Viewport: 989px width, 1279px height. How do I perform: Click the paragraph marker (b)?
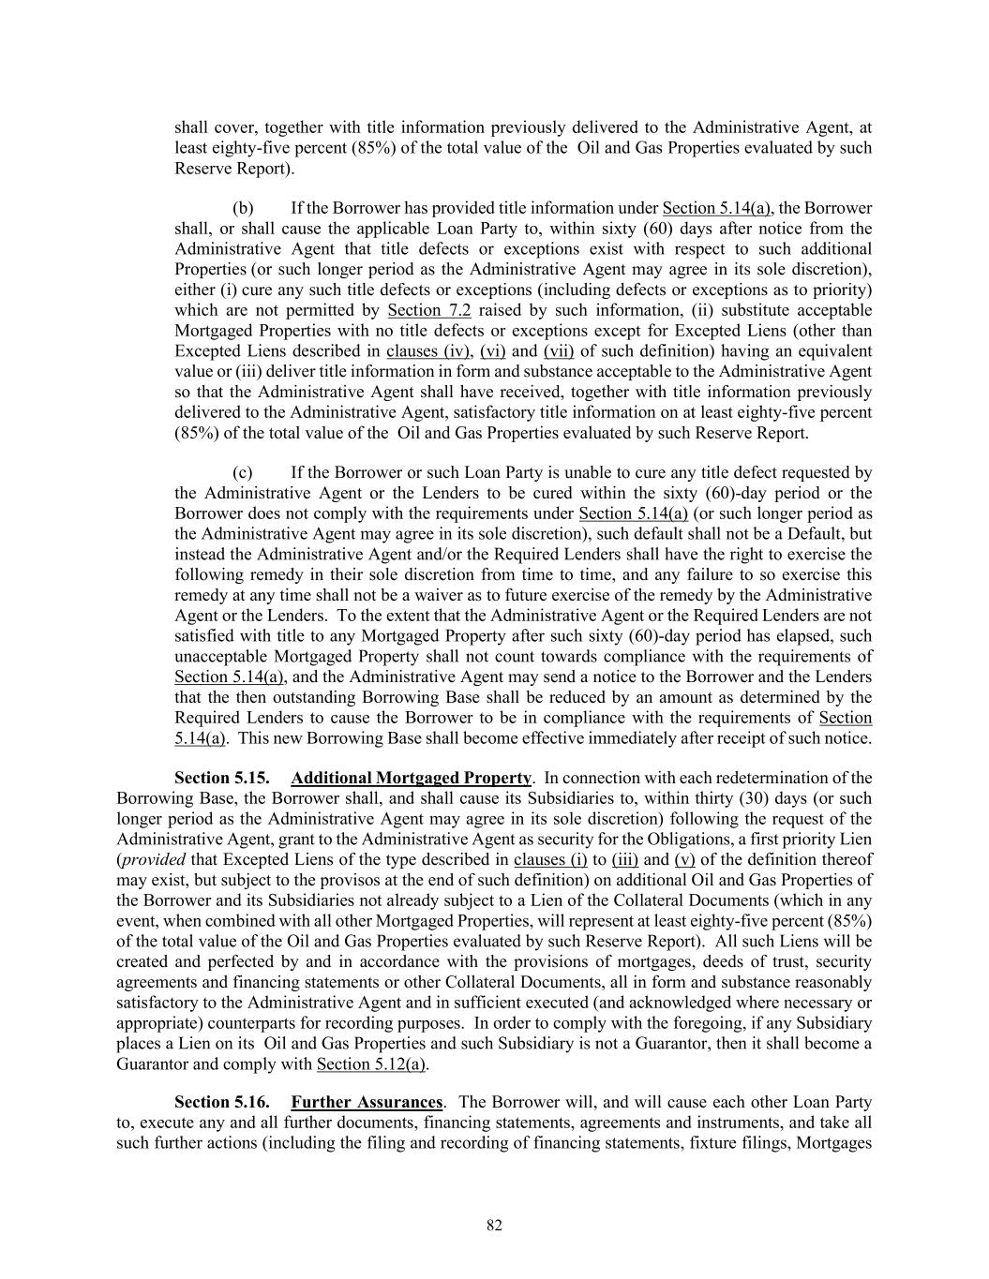(x=242, y=208)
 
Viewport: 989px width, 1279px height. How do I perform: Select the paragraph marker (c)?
(x=242, y=473)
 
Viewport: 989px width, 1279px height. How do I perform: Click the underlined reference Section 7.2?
(x=428, y=310)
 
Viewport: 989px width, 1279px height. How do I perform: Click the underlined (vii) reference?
(x=559, y=351)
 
